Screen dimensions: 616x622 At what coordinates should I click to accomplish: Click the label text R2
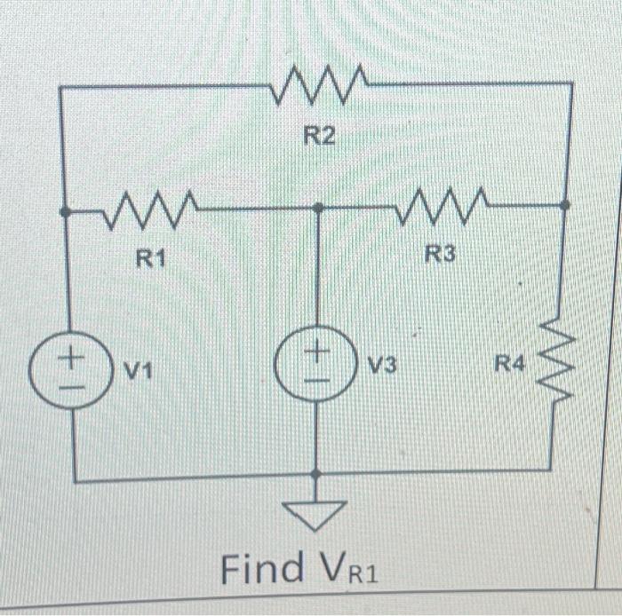(x=321, y=136)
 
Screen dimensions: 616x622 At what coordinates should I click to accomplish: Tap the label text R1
(x=151, y=258)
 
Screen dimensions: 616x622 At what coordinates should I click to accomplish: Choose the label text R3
(x=440, y=255)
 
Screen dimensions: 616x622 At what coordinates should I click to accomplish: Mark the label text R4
(x=510, y=362)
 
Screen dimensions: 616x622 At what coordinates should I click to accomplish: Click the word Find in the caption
(x=262, y=567)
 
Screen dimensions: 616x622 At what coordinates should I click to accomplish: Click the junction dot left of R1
(x=63, y=211)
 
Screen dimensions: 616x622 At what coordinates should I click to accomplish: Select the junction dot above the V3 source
(x=317, y=209)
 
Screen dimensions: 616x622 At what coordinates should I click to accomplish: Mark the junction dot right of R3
(x=567, y=204)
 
